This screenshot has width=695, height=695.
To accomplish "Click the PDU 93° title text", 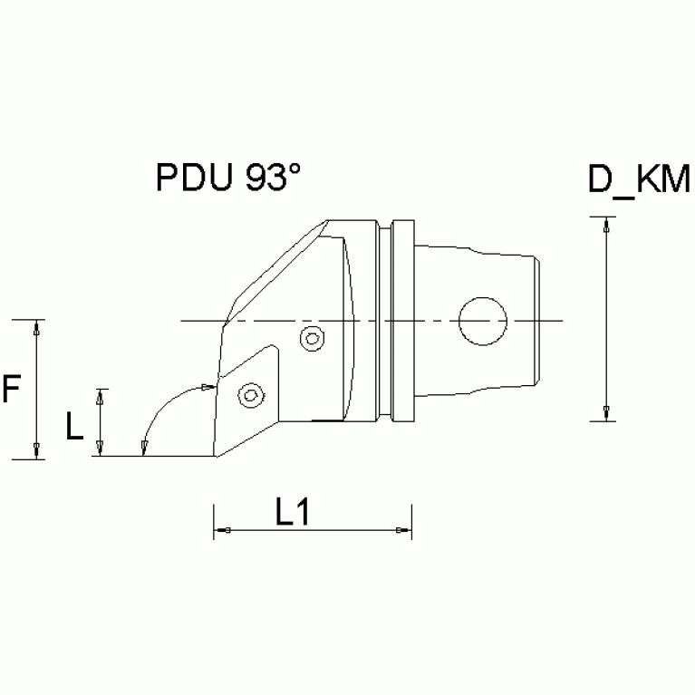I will click(227, 178).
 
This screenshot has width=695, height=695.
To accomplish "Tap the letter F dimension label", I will click(12, 390).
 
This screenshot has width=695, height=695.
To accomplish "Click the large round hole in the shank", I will click(483, 321).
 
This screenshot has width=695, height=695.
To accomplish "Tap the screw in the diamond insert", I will click(249, 394).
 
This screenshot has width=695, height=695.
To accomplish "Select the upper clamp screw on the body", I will click(311, 339).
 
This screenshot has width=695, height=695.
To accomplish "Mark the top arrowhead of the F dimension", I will click(37, 326).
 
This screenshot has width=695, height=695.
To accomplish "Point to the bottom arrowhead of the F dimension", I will click(37, 451).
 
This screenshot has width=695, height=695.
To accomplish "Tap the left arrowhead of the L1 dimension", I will click(221, 530).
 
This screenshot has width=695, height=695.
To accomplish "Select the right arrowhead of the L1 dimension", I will click(404, 530).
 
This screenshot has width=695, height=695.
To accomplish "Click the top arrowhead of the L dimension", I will click(101, 395).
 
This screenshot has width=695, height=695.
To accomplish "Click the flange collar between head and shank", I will click(402, 321).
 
